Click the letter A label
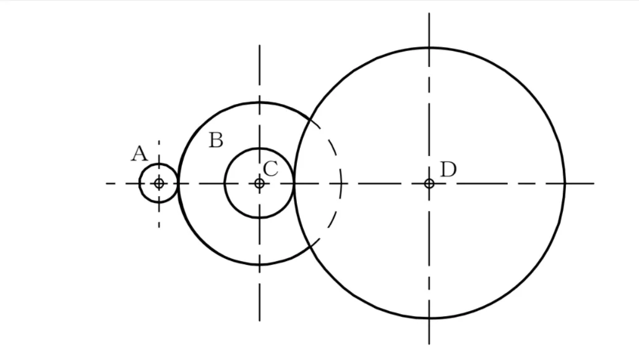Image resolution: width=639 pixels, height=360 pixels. [x=139, y=153]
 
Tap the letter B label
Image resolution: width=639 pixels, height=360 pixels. [x=216, y=140]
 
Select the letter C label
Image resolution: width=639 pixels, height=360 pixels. [x=270, y=168]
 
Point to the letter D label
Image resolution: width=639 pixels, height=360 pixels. [x=448, y=169]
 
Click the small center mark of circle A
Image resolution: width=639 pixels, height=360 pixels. [x=159, y=184]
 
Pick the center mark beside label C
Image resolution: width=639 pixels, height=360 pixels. [x=259, y=184]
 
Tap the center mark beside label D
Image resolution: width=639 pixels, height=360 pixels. [x=429, y=184]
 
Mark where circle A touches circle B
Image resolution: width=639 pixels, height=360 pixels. [x=178, y=184]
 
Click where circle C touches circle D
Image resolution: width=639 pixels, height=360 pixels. [x=294, y=184]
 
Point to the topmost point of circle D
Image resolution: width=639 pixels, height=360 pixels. [x=429, y=48]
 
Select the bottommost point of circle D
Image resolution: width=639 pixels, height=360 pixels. [x=429, y=317]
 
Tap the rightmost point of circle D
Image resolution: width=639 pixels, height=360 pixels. [x=564, y=184]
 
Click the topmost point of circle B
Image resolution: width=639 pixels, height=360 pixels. [x=259, y=102]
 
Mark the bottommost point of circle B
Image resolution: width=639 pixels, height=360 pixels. [x=259, y=265]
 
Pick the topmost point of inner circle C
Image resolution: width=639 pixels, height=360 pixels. [x=259, y=149]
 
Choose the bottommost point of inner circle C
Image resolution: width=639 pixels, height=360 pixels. [x=259, y=218]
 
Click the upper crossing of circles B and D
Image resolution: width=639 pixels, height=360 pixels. [x=311, y=120]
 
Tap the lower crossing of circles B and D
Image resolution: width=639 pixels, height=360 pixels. [x=311, y=246]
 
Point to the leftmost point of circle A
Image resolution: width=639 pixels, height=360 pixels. [x=139, y=184]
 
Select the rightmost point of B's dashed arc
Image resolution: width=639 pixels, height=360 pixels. [x=341, y=184]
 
